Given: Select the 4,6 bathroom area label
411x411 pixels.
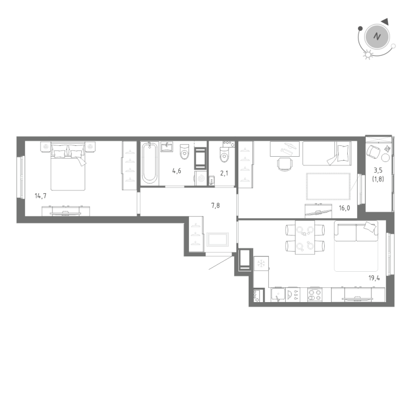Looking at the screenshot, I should point(176,171).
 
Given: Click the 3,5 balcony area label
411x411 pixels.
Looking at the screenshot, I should point(379,170).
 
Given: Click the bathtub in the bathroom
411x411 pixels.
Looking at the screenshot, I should point(150,163).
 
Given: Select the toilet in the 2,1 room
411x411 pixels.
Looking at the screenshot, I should point(224,153).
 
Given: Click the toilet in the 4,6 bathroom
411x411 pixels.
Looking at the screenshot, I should point(185,153).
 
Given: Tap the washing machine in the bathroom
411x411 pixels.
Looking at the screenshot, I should point(200,178).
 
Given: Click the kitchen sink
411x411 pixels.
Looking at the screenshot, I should point(278,296).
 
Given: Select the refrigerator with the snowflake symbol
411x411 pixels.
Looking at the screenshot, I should point(261,264).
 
